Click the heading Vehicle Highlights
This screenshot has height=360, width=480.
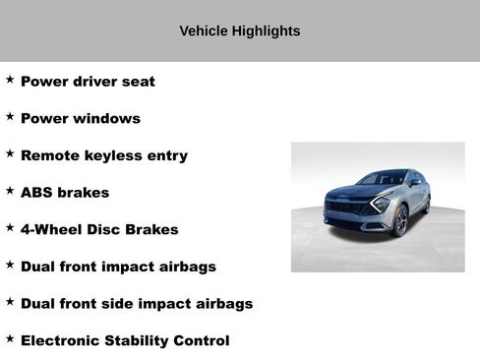coord(239,31)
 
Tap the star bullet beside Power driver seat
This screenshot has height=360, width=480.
coord(10,80)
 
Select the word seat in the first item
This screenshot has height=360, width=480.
coord(136,82)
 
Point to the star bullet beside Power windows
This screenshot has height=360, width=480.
coord(10,117)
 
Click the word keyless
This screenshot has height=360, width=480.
coord(113,156)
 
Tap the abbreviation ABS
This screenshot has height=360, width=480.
coord(36,193)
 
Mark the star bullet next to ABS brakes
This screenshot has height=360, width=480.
coord(10,191)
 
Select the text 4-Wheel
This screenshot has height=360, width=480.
coord(50,230)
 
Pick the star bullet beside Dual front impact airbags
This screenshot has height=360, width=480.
coord(10,265)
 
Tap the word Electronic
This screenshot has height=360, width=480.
coord(63,341)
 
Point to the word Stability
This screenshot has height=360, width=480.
coord(143,341)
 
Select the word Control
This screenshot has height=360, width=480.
coord(205,341)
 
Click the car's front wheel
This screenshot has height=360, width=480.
coord(401,222)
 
